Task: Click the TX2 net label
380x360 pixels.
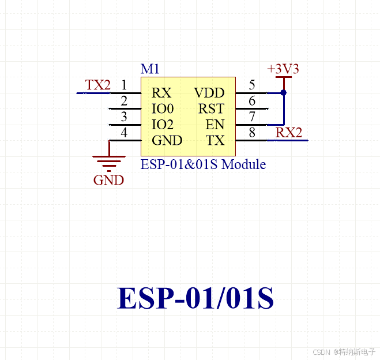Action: (97, 85)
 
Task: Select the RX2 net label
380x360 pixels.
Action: (288, 133)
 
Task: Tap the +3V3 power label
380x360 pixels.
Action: (283, 69)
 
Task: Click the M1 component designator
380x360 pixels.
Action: (150, 69)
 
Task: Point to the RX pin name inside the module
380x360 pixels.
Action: (161, 93)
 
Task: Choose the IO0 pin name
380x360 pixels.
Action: (163, 108)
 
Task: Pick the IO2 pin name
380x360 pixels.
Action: (163, 125)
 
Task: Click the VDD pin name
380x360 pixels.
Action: (209, 93)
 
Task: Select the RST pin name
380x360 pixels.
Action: (211, 108)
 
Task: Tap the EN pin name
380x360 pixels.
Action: (215, 125)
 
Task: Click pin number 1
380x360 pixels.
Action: (124, 85)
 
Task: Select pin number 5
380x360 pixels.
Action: (252, 85)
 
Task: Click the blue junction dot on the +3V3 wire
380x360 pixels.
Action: (283, 92)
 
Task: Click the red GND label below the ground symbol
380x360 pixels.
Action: (108, 180)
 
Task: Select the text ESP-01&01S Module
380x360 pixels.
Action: (203, 164)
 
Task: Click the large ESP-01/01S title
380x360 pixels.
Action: (195, 298)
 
